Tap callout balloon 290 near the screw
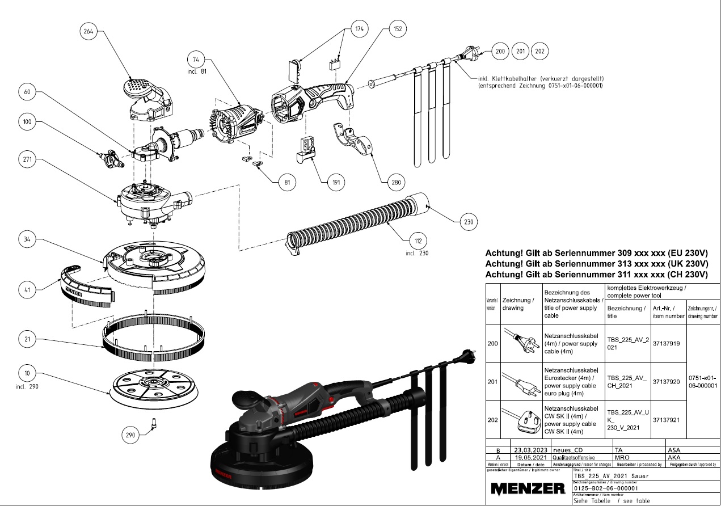[132, 436]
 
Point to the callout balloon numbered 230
[469, 222]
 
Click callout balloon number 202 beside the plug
[539, 51]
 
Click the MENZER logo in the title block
[528, 488]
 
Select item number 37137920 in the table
[667, 382]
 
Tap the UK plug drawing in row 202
[519, 420]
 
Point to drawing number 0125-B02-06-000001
[607, 488]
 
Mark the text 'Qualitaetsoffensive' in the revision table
[573, 457]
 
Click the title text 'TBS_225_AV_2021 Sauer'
[612, 476]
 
